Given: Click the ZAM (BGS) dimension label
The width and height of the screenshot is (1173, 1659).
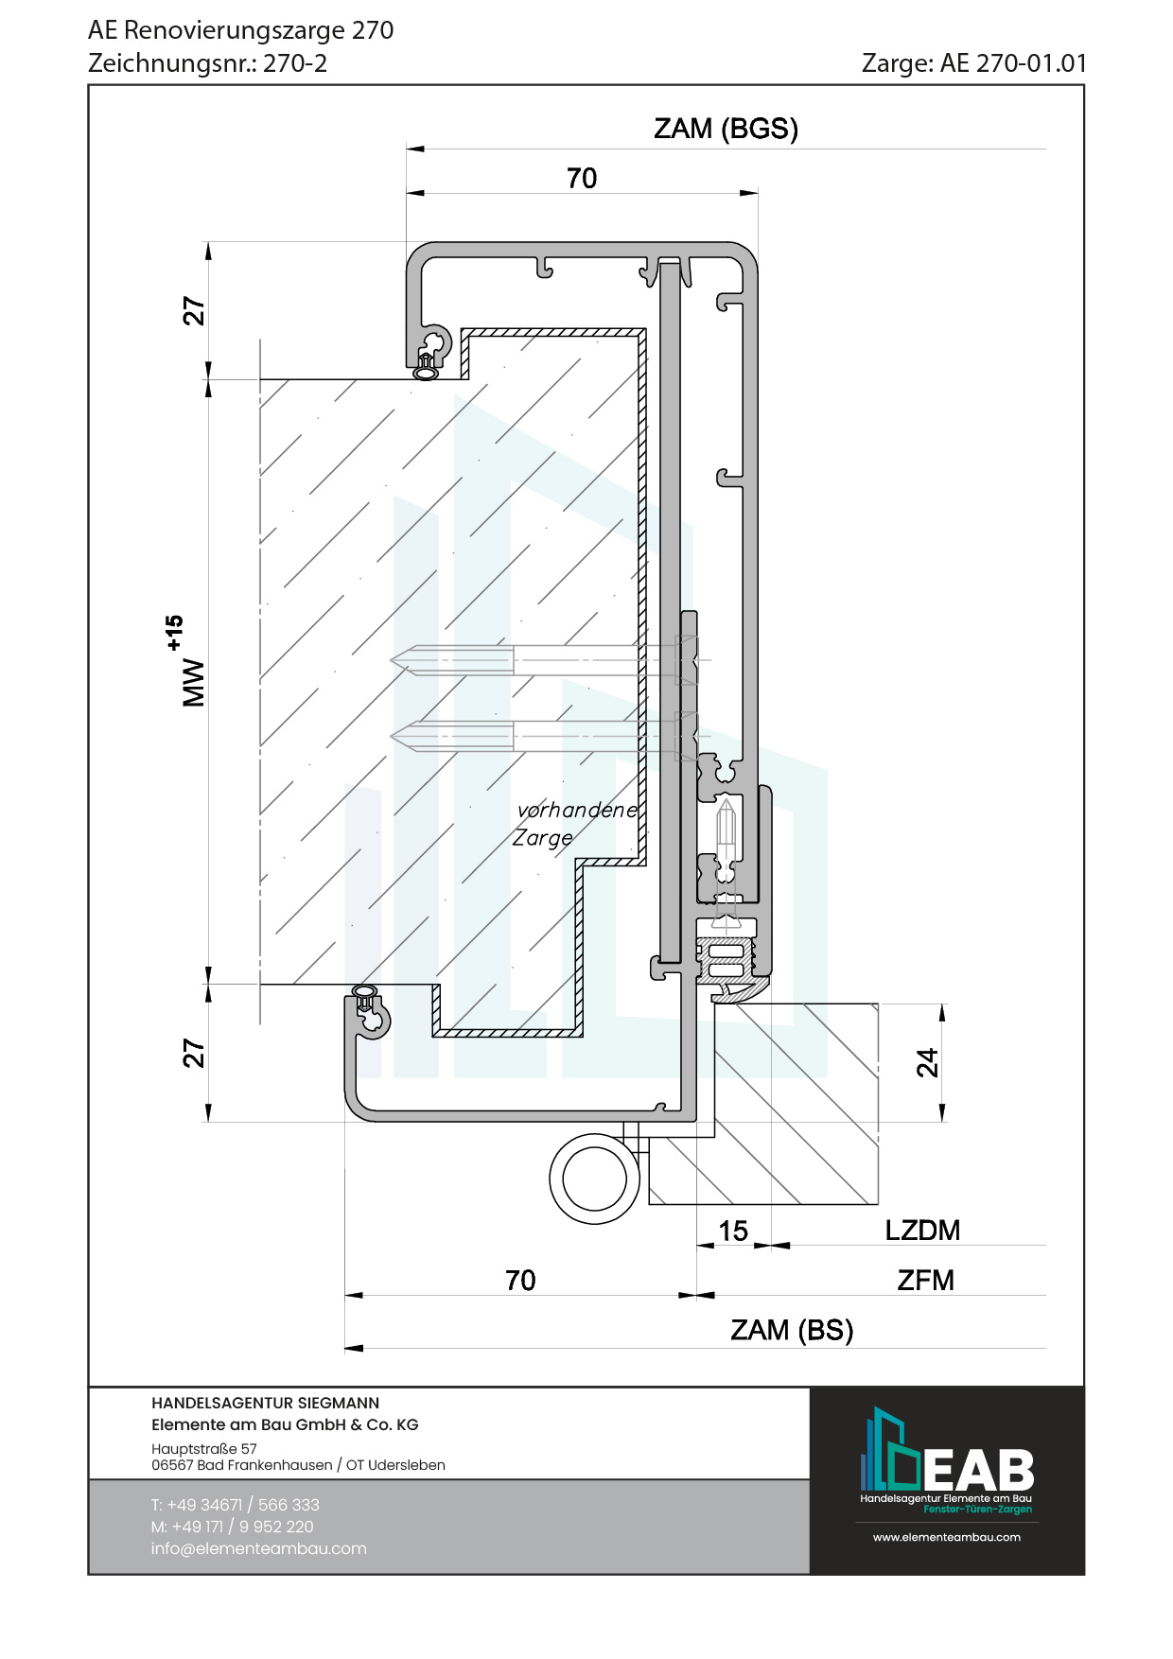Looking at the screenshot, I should click(726, 129).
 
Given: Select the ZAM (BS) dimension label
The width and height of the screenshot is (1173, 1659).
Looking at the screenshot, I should click(792, 1330).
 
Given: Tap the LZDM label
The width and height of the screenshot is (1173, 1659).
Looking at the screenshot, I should click(922, 1231).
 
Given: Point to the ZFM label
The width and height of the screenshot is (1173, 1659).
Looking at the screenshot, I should click(925, 1281).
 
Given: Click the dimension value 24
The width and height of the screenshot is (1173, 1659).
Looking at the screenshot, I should click(928, 1062).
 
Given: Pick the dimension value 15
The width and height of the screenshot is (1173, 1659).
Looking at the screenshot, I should click(733, 1231).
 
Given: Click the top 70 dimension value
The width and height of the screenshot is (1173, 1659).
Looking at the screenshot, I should click(582, 178).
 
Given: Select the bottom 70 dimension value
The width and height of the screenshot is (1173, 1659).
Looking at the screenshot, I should click(520, 1281).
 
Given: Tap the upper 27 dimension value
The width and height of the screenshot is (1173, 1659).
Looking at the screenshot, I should click(194, 311).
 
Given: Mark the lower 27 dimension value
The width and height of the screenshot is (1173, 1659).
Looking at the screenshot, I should click(194, 1053).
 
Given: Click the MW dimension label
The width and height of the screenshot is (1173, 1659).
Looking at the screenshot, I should click(192, 683).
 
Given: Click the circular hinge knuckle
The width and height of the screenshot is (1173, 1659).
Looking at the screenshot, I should click(594, 1179).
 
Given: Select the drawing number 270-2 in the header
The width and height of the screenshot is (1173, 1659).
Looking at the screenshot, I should click(295, 63).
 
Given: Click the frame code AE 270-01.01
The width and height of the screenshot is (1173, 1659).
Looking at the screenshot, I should click(1013, 63).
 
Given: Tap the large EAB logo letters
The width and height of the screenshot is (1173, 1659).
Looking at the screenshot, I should click(978, 1470).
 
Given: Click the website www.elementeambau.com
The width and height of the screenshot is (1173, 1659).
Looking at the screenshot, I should click(946, 1537).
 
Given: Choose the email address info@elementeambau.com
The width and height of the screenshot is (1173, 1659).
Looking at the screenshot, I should click(258, 1548).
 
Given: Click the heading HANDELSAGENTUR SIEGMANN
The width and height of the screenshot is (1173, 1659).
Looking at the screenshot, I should click(265, 1403).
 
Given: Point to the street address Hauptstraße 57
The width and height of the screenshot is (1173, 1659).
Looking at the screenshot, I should click(204, 1448).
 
